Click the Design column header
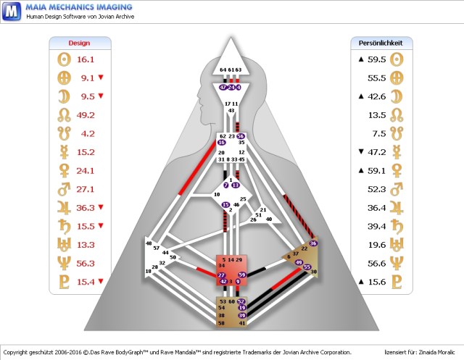point(79,43)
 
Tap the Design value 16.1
point(86,59)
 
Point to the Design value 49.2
point(86,114)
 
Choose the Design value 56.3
point(86,263)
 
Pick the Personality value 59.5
point(376,59)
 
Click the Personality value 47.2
point(376,151)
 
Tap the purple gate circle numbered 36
point(313,243)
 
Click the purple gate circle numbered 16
point(223,143)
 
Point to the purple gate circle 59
point(242,275)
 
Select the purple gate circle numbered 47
point(223,87)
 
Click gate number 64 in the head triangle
point(223,70)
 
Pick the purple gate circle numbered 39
point(242,316)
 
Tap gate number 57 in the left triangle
point(157,248)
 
